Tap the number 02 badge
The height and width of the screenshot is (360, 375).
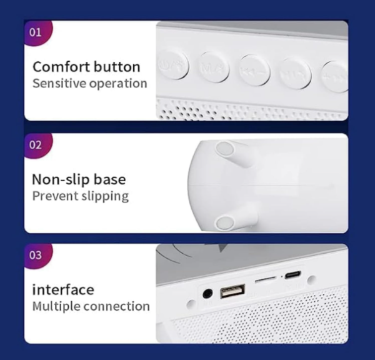tap(36, 144)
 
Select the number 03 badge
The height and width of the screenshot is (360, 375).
tap(36, 255)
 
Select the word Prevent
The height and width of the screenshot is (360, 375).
tap(53, 196)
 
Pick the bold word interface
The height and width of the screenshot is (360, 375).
tap(63, 289)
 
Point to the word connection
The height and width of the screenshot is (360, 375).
tap(117, 306)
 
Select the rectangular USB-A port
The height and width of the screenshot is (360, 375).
tap(234, 292)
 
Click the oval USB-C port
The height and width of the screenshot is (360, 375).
tap(292, 276)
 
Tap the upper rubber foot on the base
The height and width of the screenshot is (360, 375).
tap(224, 148)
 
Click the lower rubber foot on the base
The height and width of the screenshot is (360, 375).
tap(226, 220)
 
